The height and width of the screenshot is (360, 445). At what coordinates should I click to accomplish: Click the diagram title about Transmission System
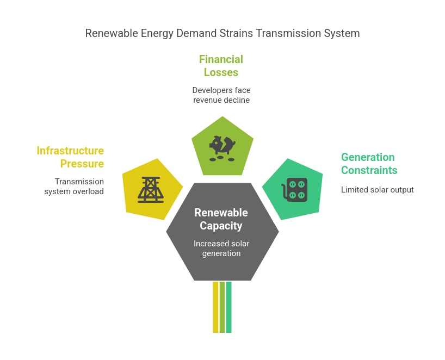coord(222,34)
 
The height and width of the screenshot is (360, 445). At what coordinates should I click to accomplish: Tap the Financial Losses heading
coord(221,66)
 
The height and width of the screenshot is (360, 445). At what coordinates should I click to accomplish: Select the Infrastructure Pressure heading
coord(70,157)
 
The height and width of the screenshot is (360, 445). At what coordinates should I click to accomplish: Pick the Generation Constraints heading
coord(369,164)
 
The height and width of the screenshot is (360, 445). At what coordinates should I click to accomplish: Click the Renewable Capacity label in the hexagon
coord(221,219)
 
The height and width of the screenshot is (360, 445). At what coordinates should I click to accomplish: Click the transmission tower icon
coord(150,190)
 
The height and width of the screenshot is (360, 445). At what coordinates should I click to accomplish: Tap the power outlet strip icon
coord(295,190)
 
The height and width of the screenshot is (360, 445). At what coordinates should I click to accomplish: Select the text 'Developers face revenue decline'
coord(221,95)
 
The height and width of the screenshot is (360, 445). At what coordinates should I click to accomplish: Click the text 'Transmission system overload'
coord(74,187)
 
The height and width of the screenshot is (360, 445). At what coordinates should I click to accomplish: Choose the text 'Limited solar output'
coord(377,190)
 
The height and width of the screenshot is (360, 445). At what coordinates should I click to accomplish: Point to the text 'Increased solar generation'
coord(221,249)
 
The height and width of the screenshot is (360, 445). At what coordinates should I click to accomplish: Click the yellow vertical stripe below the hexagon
coord(215,307)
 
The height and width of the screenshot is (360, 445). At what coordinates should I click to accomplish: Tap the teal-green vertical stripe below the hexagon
coord(228,307)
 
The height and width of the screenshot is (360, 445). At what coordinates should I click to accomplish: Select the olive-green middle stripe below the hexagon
coord(222,307)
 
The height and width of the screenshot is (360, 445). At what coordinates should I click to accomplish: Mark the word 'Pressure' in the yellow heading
coord(82,164)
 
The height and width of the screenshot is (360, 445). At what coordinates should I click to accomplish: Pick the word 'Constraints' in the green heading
coord(369,170)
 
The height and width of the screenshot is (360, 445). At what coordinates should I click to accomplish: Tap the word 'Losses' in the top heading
coord(221,72)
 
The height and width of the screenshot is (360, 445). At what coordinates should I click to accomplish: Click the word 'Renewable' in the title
coord(112,34)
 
